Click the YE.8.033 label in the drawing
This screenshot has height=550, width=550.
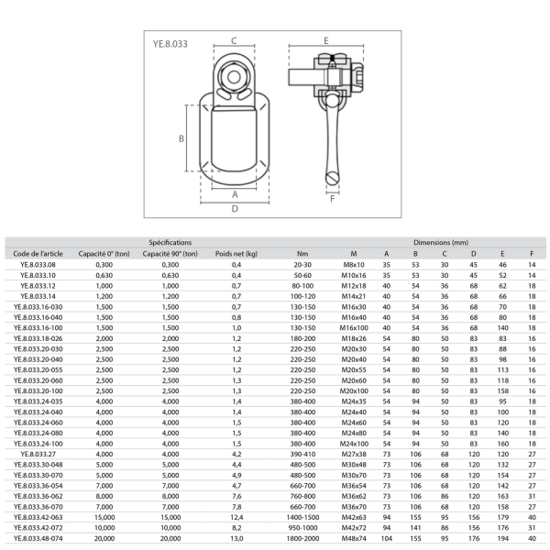pos(170,44)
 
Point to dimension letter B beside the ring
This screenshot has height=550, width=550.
pos(181,138)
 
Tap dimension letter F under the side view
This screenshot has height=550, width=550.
pos(333,199)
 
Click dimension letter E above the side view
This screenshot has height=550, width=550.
pos(326,40)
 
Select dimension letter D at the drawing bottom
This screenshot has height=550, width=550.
pos(235,209)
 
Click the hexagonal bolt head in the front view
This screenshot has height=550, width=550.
pos(234,77)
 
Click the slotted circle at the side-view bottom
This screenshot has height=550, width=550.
pos(333,178)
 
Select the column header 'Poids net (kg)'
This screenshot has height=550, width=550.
pos(236,254)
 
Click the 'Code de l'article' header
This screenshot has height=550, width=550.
pos(38,254)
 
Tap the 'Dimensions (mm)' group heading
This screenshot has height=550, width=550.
pos(441,242)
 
